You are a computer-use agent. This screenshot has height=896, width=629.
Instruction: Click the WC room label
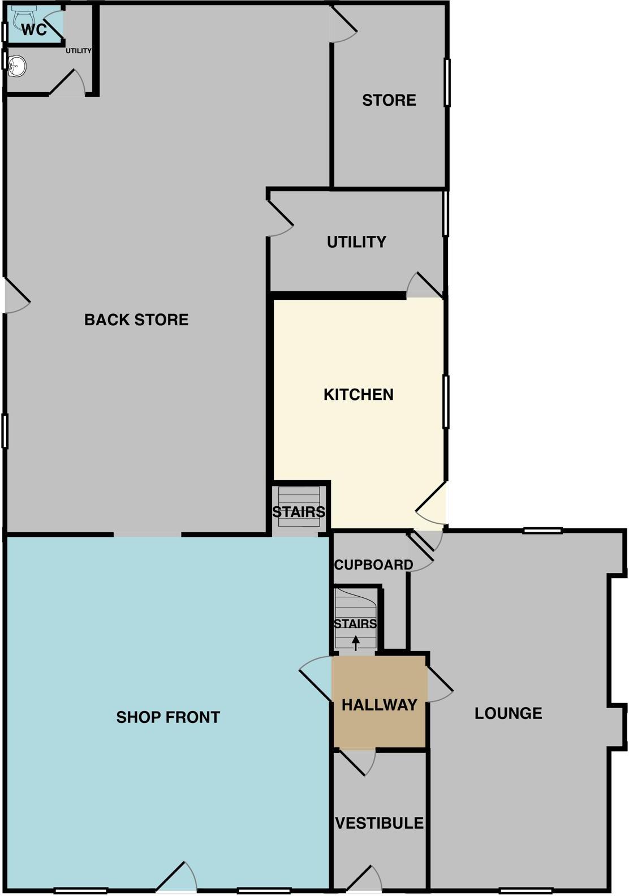click(x=34, y=29)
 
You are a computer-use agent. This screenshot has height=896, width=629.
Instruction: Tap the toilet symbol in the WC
click(x=23, y=17)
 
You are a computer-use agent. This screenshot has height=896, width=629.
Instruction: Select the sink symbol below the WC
click(x=17, y=66)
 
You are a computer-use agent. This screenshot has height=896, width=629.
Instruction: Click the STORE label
click(x=389, y=101)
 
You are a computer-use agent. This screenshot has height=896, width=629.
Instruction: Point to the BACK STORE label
click(x=136, y=320)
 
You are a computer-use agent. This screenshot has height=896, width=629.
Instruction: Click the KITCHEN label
click(x=359, y=395)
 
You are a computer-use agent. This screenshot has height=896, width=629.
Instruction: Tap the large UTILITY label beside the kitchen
click(x=356, y=242)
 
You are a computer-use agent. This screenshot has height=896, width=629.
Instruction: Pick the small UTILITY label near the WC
click(x=79, y=51)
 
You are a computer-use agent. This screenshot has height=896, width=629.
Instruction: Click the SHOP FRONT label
click(x=168, y=718)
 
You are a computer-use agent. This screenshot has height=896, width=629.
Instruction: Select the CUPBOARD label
click(x=373, y=565)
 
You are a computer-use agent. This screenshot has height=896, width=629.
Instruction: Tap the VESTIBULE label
click(x=380, y=823)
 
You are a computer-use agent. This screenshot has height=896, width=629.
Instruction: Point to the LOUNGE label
click(x=508, y=713)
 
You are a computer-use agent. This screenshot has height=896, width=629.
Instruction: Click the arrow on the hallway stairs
click(x=356, y=643)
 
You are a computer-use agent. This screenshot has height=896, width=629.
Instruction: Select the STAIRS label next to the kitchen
click(x=299, y=512)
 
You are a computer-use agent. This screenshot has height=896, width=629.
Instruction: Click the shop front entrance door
click(x=176, y=877)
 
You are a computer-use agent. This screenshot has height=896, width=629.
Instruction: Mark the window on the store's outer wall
click(x=447, y=82)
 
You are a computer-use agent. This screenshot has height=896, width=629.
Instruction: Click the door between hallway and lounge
click(x=440, y=684)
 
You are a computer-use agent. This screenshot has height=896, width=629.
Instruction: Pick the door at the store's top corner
click(x=343, y=25)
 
